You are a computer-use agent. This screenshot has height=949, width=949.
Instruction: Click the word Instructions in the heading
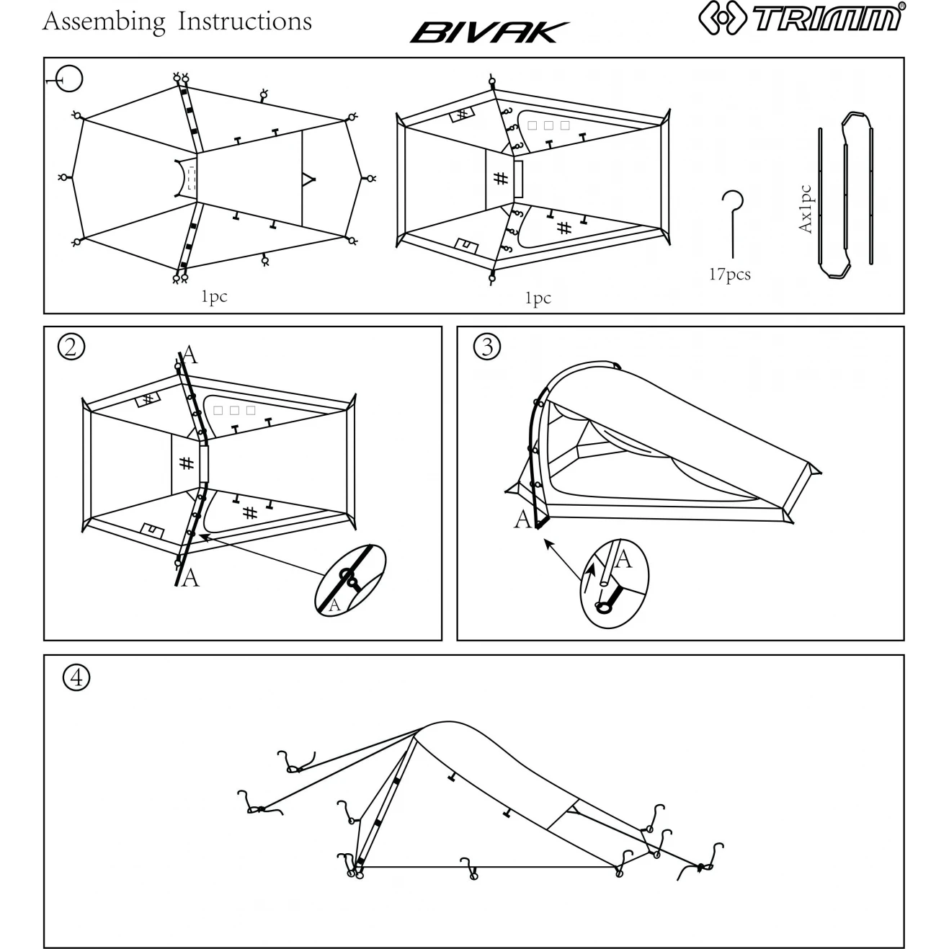tap(244, 22)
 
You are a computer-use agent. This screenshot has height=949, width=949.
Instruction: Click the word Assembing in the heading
tap(104, 22)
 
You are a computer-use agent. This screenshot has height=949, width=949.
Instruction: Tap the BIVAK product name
tap(489, 32)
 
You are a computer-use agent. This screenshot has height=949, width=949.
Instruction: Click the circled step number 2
tap(71, 347)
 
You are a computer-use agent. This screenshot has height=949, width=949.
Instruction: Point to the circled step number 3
tap(487, 347)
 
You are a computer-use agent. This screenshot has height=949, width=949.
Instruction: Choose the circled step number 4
tap(76, 677)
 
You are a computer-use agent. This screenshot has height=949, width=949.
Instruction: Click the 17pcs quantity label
tap(729, 275)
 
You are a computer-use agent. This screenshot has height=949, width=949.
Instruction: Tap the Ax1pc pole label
tap(805, 209)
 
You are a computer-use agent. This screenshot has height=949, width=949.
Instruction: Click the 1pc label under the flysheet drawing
tap(214, 296)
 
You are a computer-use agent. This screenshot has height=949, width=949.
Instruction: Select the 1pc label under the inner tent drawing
tap(538, 298)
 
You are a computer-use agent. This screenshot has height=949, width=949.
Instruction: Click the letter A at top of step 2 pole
tap(190, 354)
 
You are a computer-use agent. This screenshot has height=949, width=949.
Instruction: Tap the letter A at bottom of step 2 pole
tap(190, 577)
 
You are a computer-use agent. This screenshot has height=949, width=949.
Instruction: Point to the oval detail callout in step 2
tap(351, 579)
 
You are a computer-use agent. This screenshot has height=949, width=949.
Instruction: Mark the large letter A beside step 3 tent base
tap(522, 519)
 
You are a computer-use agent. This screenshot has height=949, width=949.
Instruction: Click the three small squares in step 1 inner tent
tap(549, 125)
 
